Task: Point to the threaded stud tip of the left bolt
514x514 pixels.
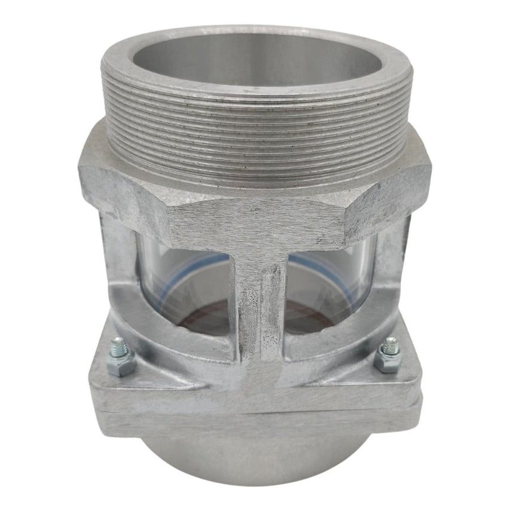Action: click(x=118, y=344)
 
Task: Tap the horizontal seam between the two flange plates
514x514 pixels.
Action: click(x=257, y=411)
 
